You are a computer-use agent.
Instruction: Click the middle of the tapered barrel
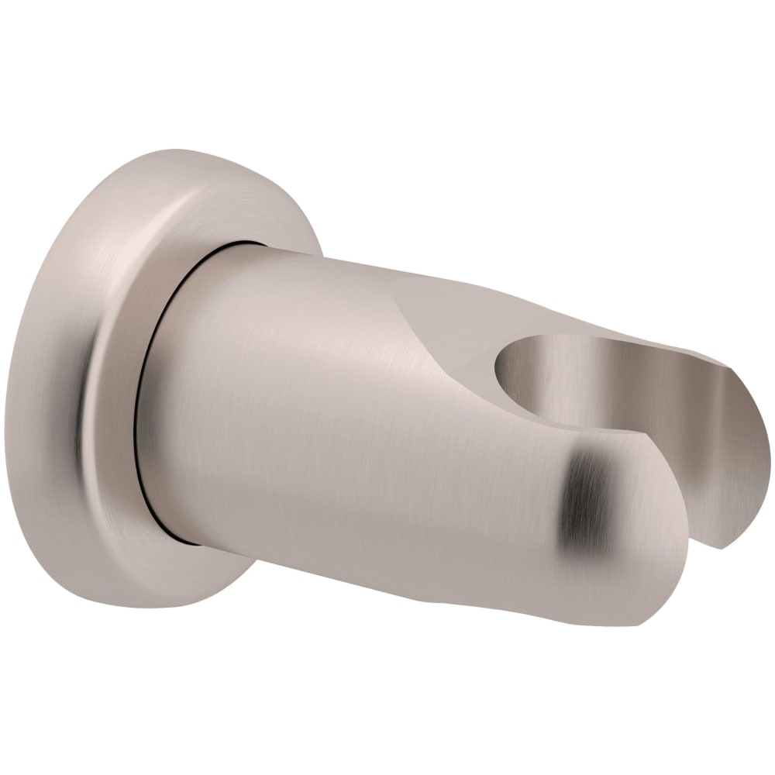(349, 411)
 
